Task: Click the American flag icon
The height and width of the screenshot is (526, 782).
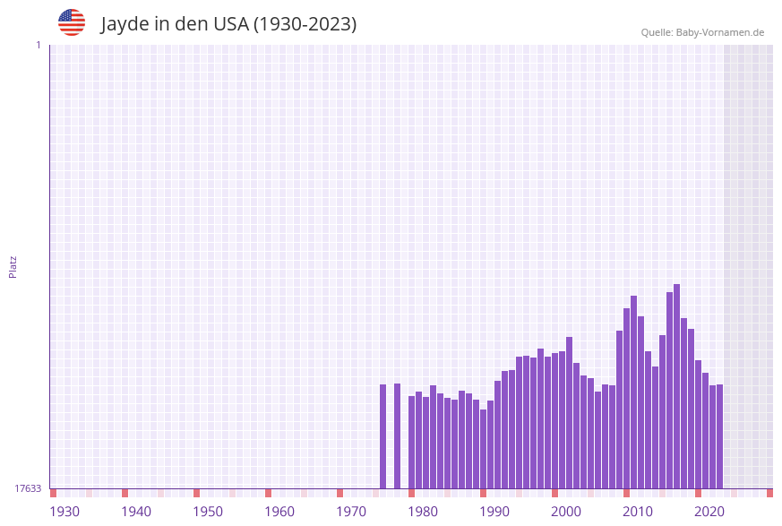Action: pyautogui.click(x=72, y=22)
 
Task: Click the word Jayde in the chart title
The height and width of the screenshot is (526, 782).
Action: pyautogui.click(x=125, y=25)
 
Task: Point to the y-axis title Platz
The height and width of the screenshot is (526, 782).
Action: pyautogui.click(x=13, y=266)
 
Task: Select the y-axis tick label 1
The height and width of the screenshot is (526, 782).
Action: pyautogui.click(x=38, y=45)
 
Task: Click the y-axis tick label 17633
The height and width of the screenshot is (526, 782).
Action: pyautogui.click(x=28, y=488)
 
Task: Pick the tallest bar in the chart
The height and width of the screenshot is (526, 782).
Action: pyautogui.click(x=676, y=385)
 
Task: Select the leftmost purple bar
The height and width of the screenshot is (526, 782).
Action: pyautogui.click(x=382, y=436)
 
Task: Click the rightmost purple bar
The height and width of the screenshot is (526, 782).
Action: pyautogui.click(x=719, y=436)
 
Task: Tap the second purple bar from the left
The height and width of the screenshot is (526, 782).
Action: pyautogui.click(x=397, y=435)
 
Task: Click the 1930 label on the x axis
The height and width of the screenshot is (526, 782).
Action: pyautogui.click(x=64, y=512)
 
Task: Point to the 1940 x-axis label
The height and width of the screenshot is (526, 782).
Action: pyautogui.click(x=136, y=512)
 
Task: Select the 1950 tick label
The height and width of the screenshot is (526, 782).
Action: pyautogui.click(x=208, y=512)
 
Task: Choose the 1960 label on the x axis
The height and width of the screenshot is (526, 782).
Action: pyautogui.click(x=279, y=512)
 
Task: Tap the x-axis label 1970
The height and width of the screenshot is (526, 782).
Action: pyautogui.click(x=351, y=512)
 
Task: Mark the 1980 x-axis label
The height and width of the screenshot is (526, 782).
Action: pyautogui.click(x=423, y=512)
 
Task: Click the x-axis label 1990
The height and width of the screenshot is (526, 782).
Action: pyautogui.click(x=494, y=512)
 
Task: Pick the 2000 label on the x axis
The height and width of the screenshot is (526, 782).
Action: pyautogui.click(x=566, y=512)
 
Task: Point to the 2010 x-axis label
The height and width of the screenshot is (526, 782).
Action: pyautogui.click(x=638, y=512)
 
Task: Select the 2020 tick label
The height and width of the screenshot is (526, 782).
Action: pyautogui.click(x=709, y=512)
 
